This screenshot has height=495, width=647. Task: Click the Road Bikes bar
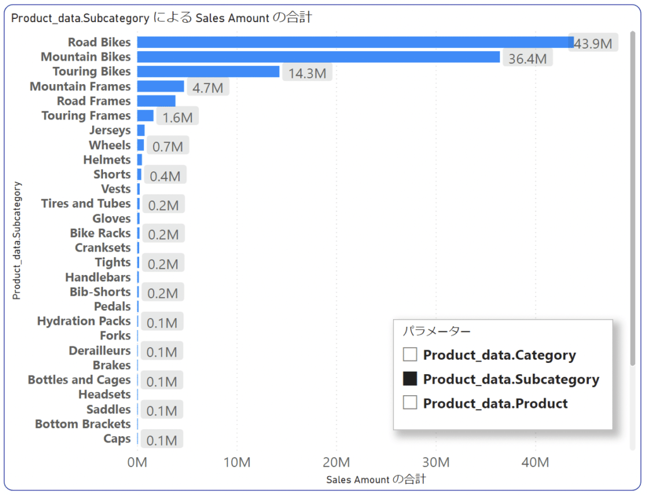pos(354,42)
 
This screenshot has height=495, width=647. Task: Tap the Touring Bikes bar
pos(208,71)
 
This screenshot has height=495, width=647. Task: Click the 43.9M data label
pos(593,44)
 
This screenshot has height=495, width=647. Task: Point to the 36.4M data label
pos(528,59)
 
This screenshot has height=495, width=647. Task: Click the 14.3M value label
pos(307,73)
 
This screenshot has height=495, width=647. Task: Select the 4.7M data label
pos(208,88)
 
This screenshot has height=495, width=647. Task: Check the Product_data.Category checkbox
pos(410,355)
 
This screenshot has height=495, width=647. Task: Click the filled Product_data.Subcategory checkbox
pos(410,379)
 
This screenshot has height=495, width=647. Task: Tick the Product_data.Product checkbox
pos(410,403)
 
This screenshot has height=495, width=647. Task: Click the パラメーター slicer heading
pos(437,331)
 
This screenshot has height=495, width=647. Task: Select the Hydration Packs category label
pos(83,321)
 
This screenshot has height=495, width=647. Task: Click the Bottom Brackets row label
pos(82,424)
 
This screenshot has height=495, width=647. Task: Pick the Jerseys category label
pos(110,130)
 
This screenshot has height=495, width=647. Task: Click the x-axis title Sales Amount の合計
pos(376,480)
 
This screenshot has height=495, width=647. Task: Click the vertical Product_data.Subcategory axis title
pos(18,240)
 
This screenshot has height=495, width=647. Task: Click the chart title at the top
pos(161,18)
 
